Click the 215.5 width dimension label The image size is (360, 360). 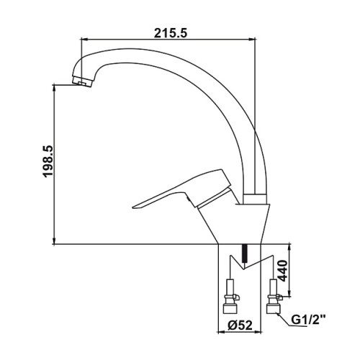pos(170,33)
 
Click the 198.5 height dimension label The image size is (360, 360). pos(48,162)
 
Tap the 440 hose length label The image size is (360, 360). pos(283,271)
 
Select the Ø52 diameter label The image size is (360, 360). pos(240,325)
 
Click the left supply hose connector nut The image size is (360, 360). pos(230,307)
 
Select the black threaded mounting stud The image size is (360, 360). pos(244,253)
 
